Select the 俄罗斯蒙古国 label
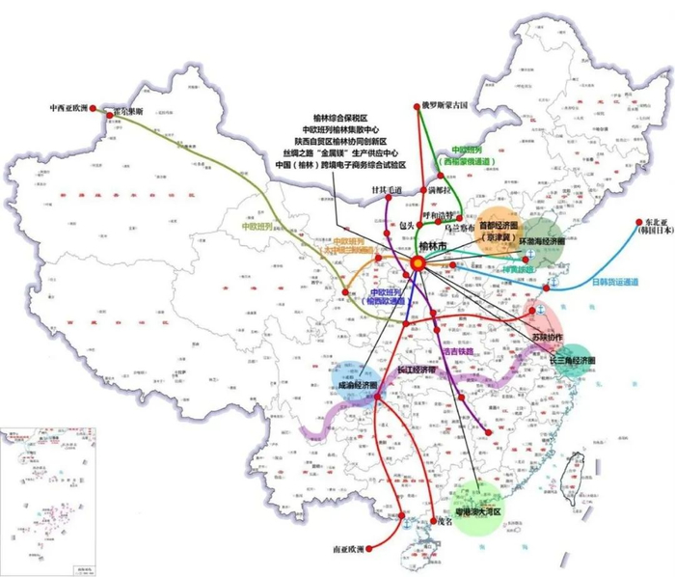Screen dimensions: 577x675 (x=444, y=103)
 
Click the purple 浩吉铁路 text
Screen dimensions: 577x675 (x=457, y=338)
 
